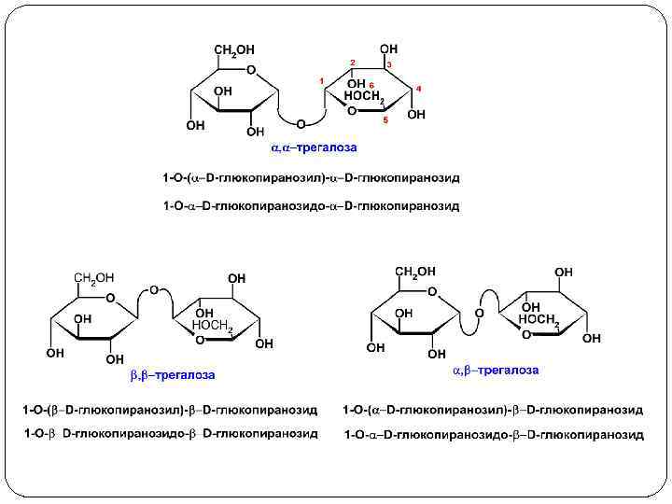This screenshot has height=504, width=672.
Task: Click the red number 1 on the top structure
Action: tap(321, 82)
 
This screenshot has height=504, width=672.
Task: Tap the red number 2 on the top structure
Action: tap(352, 62)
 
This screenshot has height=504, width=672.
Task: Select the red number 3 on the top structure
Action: tap(388, 63)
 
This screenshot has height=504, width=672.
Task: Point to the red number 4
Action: tap(419, 88)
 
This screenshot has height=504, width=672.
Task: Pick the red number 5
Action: tap(385, 120)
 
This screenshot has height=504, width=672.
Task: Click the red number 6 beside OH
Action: tap(371, 85)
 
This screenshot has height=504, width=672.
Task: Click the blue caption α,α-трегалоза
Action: tap(314, 147)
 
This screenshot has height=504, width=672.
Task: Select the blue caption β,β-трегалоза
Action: tap(172, 375)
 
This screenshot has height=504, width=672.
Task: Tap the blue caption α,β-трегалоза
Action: tap(496, 371)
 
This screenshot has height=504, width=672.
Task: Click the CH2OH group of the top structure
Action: tap(233, 49)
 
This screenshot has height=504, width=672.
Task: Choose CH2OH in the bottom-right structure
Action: tap(415, 273)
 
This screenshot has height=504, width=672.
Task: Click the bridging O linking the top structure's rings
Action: tap(301, 123)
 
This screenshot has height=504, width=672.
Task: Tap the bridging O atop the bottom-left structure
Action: tap(154, 288)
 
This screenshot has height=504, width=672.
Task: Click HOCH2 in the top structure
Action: tap(365, 96)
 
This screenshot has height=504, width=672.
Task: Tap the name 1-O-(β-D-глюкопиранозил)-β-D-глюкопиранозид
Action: tap(171, 410)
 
